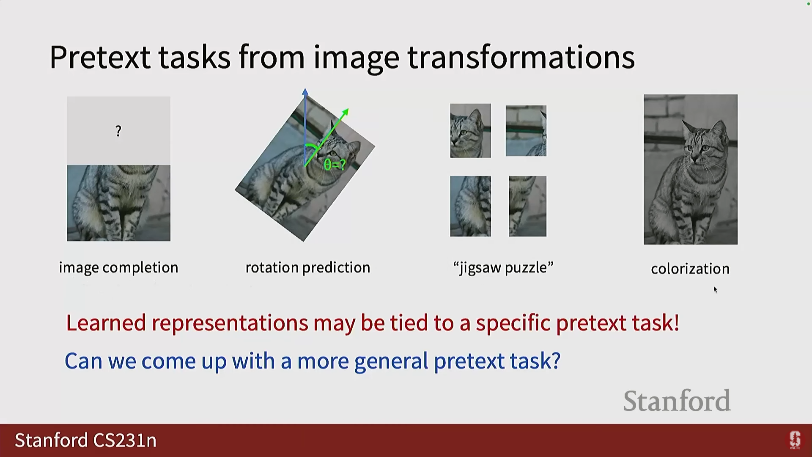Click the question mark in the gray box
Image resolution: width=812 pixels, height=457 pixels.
tap(118, 131)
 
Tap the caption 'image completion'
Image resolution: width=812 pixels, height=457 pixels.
tap(118, 268)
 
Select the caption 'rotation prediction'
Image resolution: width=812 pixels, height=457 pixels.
tap(308, 268)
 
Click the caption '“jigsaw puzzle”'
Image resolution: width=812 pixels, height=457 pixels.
tap(503, 268)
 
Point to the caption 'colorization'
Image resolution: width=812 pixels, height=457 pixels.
tap(690, 269)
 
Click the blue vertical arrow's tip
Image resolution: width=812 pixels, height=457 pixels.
tap(305, 89)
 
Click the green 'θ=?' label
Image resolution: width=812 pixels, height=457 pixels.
tap(335, 165)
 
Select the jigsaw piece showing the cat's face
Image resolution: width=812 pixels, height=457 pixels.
tap(471, 131)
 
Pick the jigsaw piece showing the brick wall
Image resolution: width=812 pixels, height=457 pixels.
tap(526, 131)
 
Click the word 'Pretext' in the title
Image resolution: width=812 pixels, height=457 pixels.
tap(100, 57)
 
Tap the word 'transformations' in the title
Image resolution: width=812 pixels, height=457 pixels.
tap(521, 57)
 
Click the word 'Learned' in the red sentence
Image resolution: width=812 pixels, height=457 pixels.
tap(106, 323)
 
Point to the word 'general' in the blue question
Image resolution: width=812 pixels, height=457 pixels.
tap(391, 362)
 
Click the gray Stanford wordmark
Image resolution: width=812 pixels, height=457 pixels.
tap(677, 401)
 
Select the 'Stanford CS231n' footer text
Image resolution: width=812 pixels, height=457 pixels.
tap(86, 440)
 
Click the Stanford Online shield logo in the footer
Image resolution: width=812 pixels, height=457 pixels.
tap(795, 440)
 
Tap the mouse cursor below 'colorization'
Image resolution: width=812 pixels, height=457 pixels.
tap(715, 289)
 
